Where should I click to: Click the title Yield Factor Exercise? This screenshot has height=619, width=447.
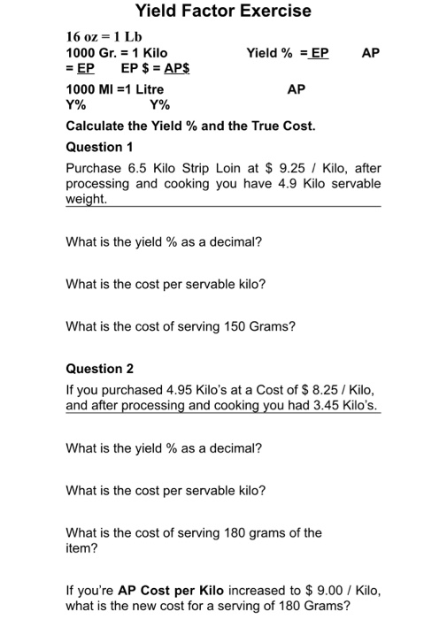click(x=223, y=11)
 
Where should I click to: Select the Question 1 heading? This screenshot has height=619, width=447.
click(x=99, y=147)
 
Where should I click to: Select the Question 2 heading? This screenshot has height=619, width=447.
click(x=100, y=368)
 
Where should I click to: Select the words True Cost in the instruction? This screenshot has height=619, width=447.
click(x=283, y=126)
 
